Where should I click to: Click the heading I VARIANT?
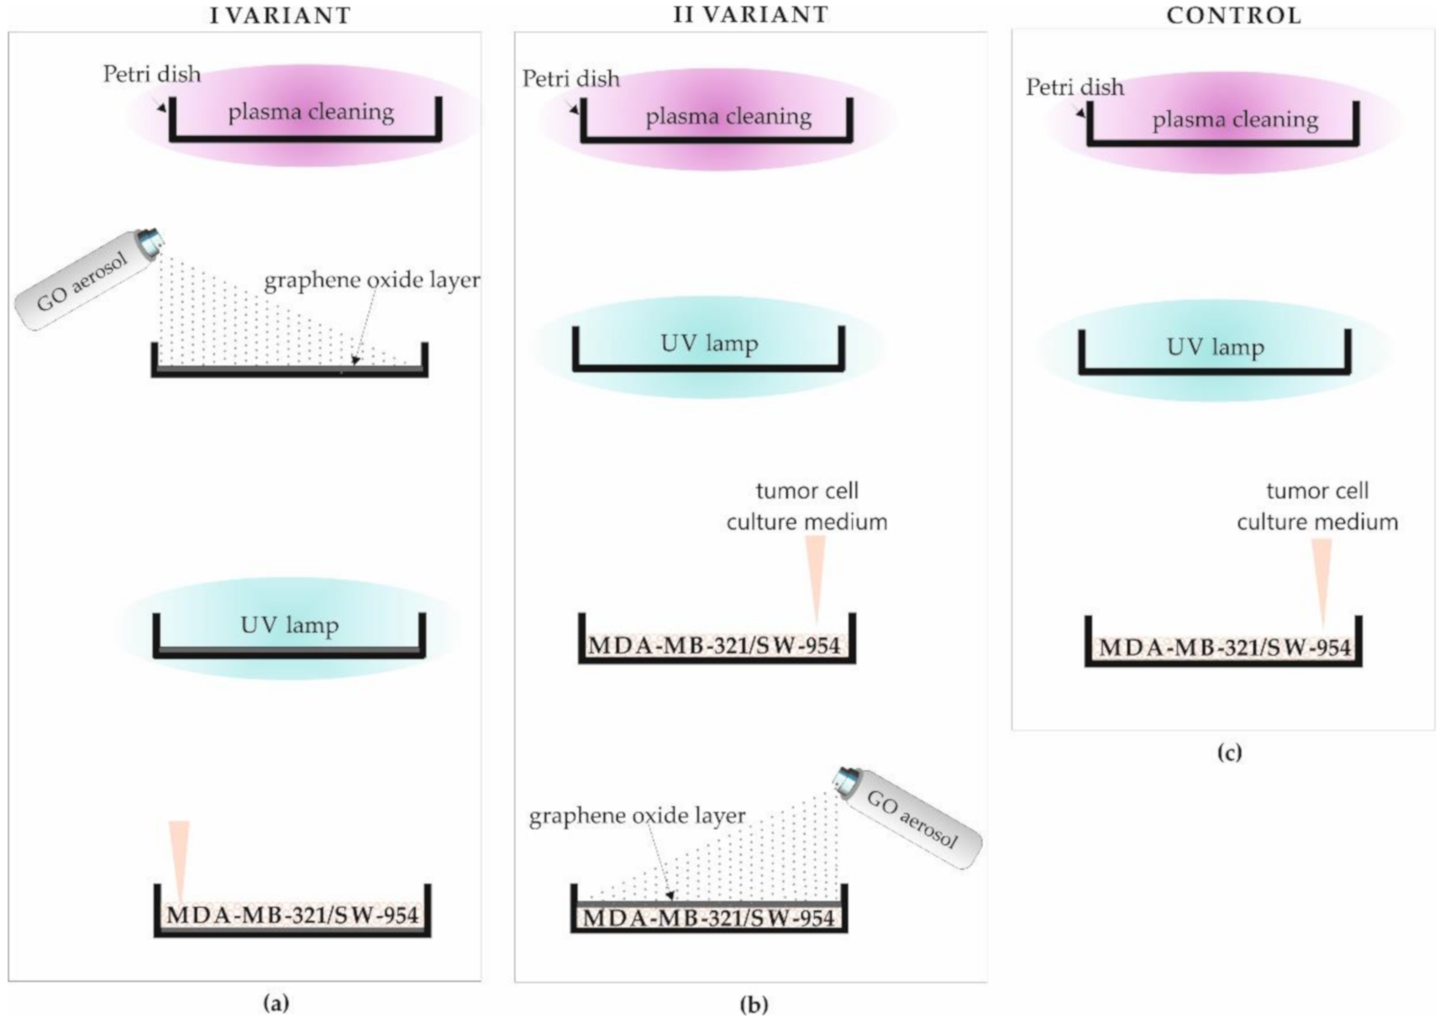[280, 15]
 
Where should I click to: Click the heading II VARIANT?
[750, 14]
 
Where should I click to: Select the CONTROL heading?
[1233, 15]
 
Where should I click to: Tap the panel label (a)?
[276, 1002]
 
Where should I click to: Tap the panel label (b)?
[754, 1004]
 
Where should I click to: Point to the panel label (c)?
[1229, 752]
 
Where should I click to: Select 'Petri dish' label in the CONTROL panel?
[1074, 87]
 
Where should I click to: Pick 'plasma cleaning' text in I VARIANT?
[311, 112]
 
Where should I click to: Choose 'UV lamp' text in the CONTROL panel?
[1215, 347]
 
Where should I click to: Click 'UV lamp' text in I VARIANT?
[289, 625]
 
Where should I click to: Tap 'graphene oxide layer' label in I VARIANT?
[372, 280]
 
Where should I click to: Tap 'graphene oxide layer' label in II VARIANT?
[637, 816]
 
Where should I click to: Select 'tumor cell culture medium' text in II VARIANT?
[807, 507]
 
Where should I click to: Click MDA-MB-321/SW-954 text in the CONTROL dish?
[1224, 648]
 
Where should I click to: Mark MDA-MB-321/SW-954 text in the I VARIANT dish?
[292, 915]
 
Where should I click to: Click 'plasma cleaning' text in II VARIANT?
[728, 117]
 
